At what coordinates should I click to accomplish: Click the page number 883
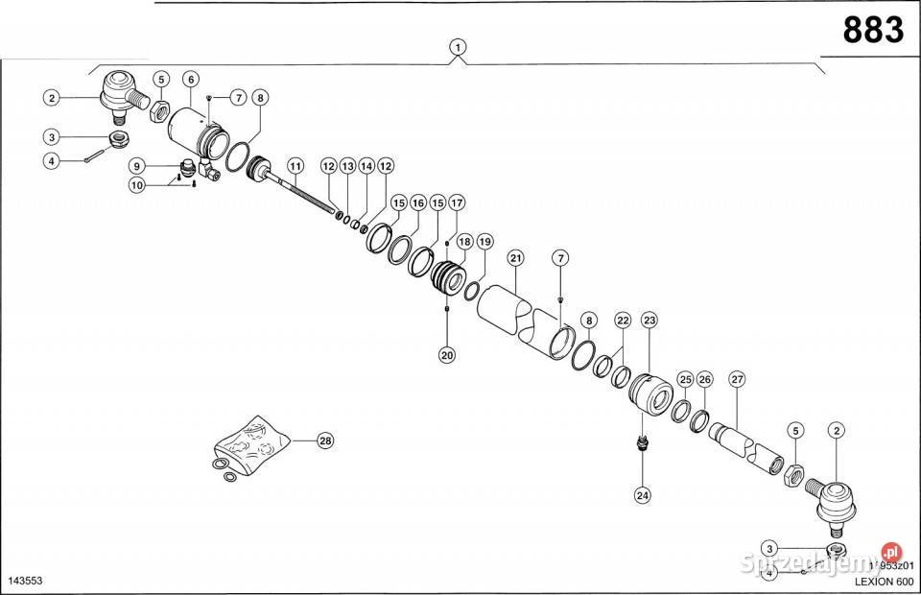coord(873,30)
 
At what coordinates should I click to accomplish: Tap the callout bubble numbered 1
coord(460,47)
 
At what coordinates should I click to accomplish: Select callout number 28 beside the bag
coord(324,440)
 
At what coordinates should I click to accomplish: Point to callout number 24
coord(642,495)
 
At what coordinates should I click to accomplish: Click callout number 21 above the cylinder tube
coord(516,258)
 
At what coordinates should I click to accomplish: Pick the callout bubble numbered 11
coord(294,165)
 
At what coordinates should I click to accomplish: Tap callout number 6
coord(191,79)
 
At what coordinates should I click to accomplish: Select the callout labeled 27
coord(737,379)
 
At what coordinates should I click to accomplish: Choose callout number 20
coord(447,354)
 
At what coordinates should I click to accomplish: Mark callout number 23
coord(649,320)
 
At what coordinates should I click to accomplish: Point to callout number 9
coord(137,165)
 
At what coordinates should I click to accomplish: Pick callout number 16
coord(417,203)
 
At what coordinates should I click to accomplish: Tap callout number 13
coord(347,166)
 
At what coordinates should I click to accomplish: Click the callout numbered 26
coord(705,379)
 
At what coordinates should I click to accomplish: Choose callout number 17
coord(457,203)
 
